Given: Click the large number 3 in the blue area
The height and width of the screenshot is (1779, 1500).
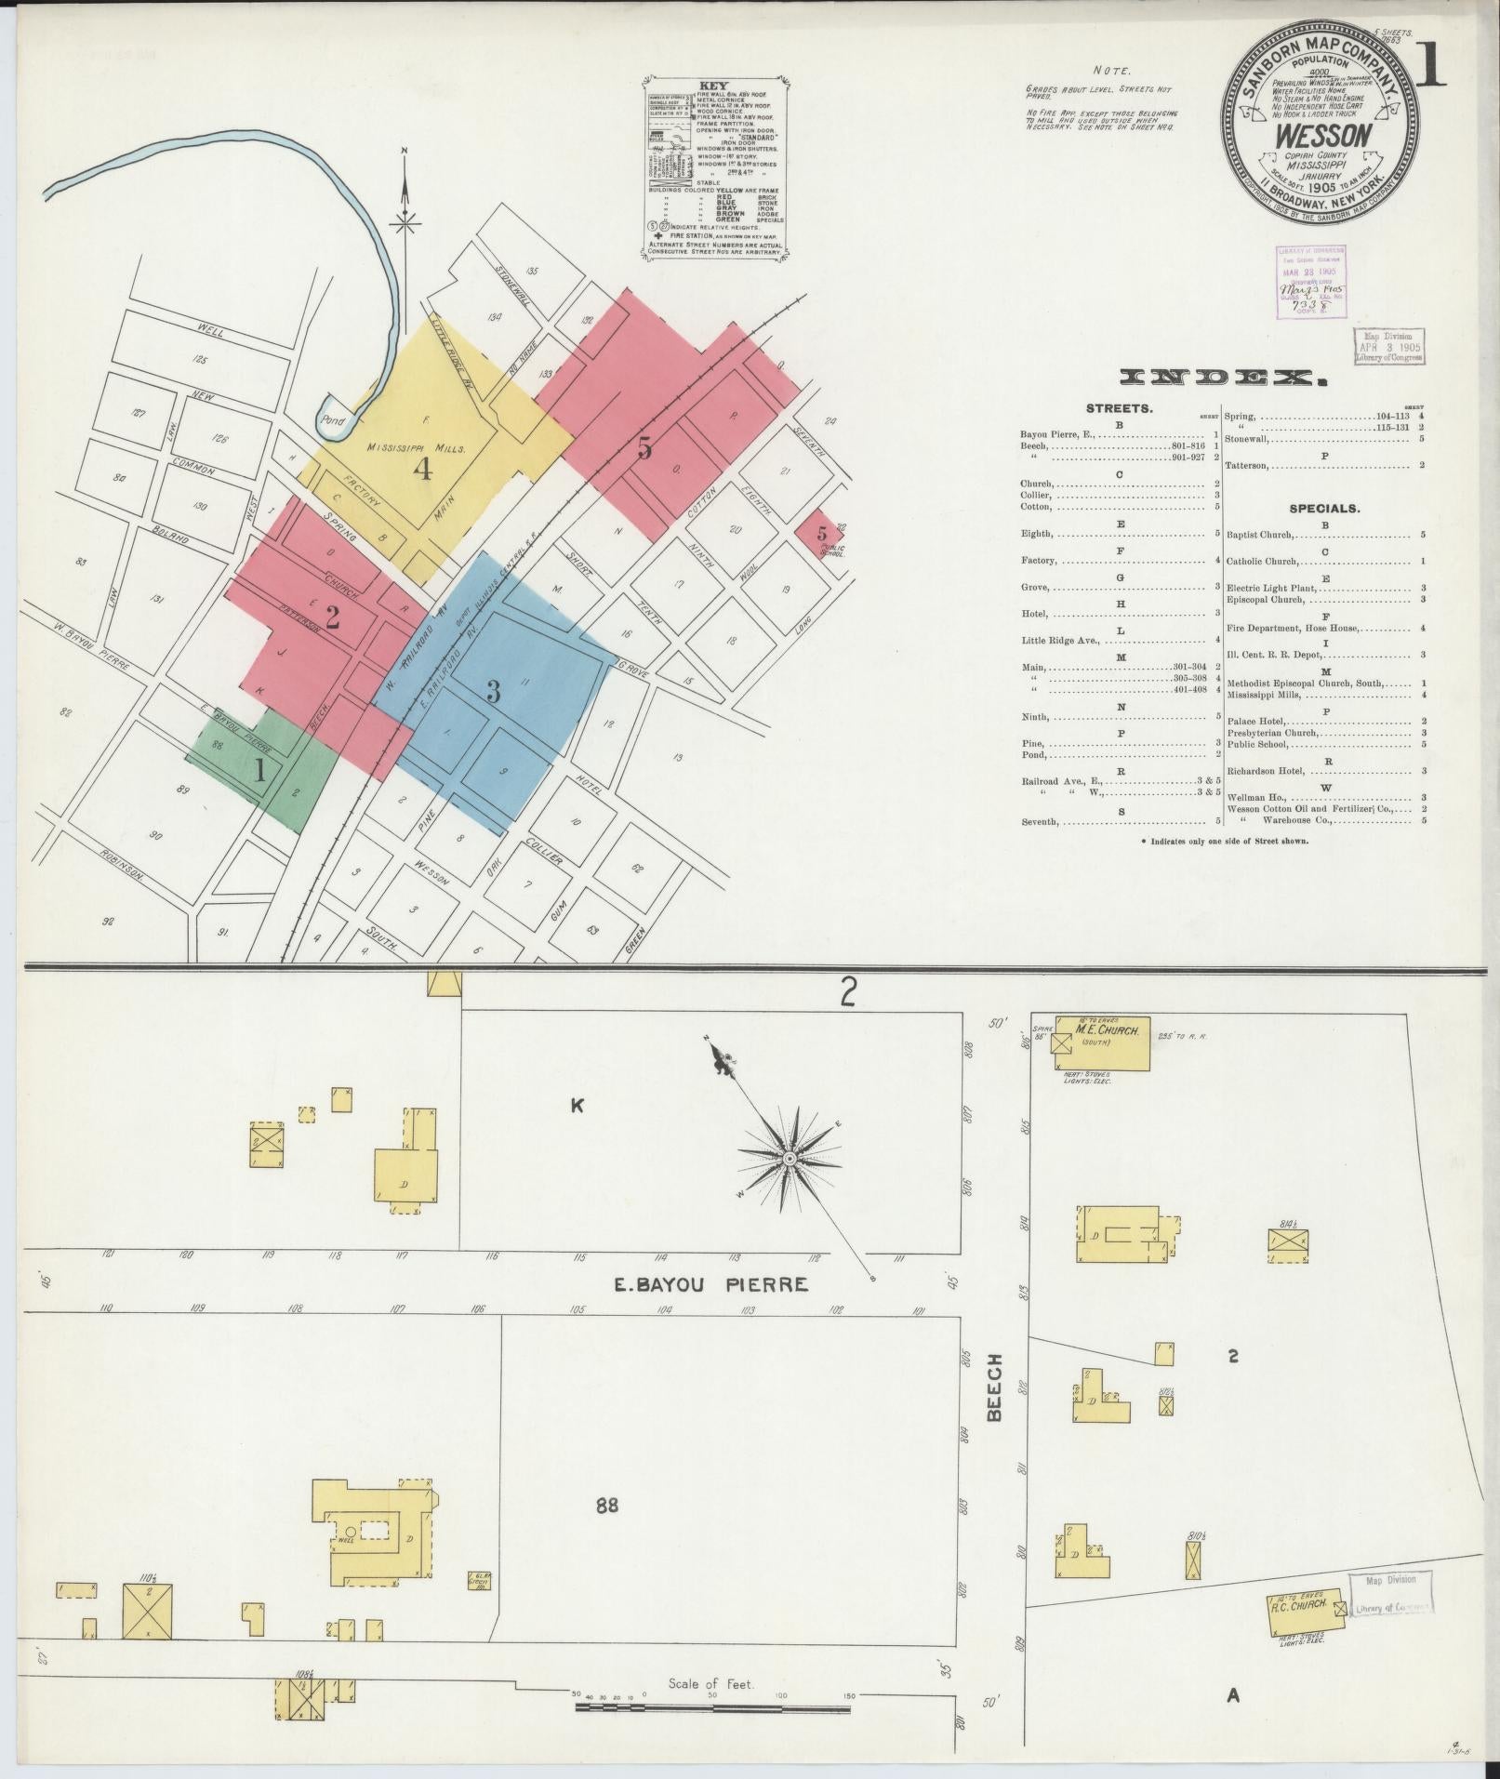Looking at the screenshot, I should point(493,691).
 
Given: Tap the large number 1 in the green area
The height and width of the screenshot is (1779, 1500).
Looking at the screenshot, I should point(261,771).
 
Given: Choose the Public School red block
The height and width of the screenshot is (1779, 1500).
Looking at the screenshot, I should point(819,532).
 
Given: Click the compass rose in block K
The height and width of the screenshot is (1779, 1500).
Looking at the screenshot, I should point(789,1158).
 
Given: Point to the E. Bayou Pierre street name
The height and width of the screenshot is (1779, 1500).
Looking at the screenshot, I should point(710,1284).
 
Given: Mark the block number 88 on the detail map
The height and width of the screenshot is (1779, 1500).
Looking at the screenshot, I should point(607,1504).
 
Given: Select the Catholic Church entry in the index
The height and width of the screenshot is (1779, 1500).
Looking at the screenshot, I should point(1261,561).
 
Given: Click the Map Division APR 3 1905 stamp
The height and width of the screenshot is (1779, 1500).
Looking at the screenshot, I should point(1387,347).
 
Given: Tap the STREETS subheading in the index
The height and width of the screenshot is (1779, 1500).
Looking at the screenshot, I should point(1120,408).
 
